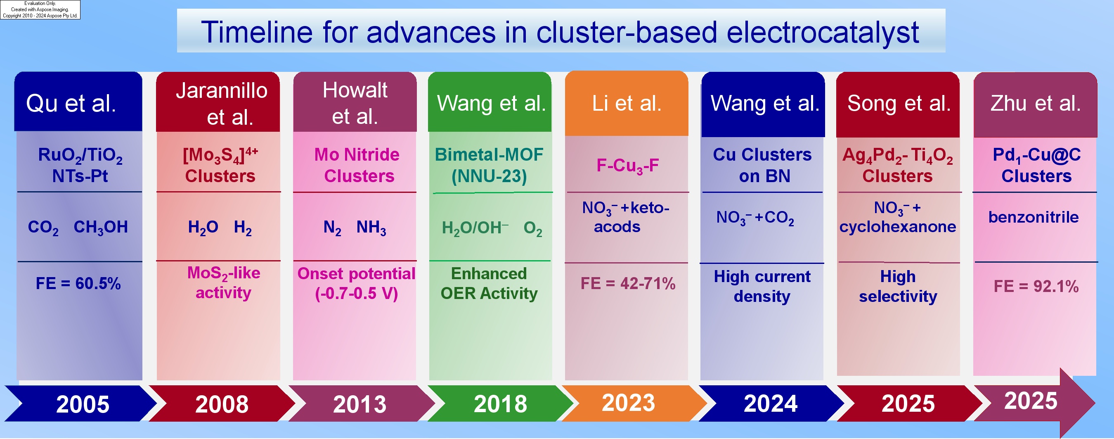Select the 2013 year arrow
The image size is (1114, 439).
(361, 403)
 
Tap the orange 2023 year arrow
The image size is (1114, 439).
(634, 403)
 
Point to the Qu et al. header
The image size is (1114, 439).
(78, 102)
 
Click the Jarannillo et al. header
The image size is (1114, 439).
(218, 102)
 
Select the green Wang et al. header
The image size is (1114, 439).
(490, 102)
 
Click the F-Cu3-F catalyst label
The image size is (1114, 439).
(627, 166)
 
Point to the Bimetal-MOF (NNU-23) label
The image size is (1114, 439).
(489, 165)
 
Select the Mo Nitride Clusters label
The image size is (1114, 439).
(357, 165)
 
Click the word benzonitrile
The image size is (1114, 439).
(1034, 217)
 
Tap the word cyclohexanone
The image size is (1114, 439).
(898, 227)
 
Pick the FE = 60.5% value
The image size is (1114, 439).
(78, 283)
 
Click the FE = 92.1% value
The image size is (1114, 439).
(1036, 286)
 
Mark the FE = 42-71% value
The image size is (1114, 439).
(628, 283)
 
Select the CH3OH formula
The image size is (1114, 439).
(101, 228)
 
